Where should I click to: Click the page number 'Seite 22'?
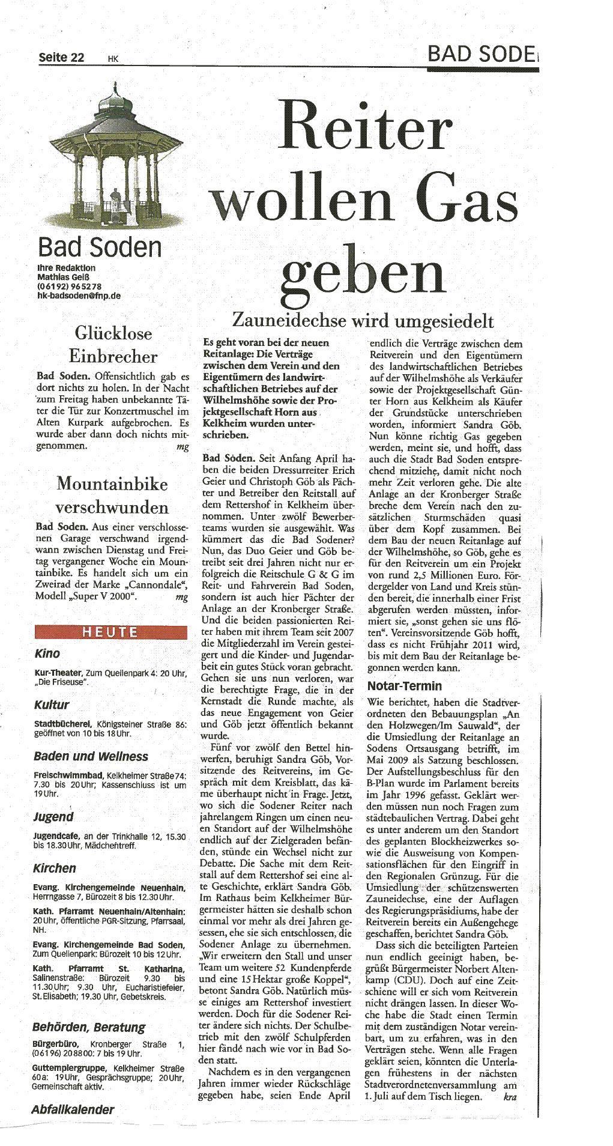61,58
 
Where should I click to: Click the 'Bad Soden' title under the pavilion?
99,247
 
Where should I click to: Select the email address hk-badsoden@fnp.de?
78,296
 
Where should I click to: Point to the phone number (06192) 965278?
69,286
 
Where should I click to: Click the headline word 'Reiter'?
364,127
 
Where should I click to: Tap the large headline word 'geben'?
363,271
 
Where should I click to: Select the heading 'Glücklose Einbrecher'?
113,345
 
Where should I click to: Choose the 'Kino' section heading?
47,653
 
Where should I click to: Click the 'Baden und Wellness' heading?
91,756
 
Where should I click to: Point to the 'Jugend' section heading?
53,817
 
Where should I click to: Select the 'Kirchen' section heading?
55,868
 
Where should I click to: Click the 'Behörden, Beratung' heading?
89,1028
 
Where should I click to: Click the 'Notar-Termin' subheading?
404,686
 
